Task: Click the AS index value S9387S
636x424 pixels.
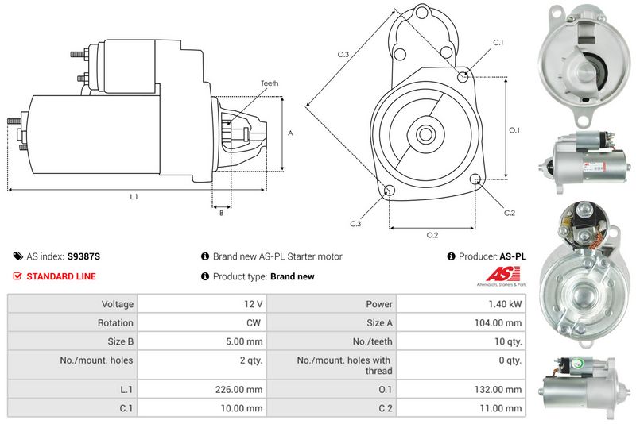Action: (83, 256)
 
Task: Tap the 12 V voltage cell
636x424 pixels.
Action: (254, 303)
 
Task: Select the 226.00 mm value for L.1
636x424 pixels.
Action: (244, 389)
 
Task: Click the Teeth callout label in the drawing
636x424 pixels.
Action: (269, 83)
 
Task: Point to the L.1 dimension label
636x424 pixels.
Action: (134, 196)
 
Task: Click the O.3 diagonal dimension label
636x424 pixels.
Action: (343, 54)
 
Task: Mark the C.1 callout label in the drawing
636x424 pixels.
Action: (498, 42)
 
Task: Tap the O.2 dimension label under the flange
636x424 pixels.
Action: (432, 234)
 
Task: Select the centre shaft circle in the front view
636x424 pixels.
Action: (425, 133)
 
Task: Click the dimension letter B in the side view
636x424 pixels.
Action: (221, 212)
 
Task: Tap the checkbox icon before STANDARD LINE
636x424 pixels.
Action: (18, 276)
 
